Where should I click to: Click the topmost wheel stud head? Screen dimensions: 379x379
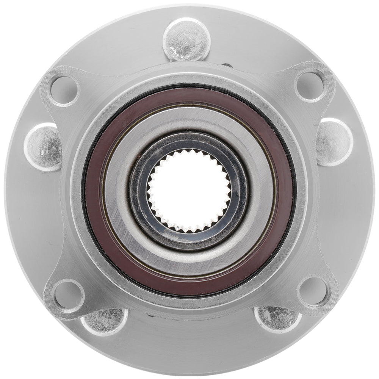(186, 39)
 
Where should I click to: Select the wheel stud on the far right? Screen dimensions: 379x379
(334, 142)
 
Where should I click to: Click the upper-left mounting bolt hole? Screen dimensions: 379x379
(64, 90)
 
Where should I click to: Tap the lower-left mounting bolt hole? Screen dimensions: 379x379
(68, 294)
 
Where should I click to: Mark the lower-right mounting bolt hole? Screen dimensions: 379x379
(313, 291)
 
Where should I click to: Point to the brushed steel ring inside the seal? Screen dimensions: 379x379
(117, 189)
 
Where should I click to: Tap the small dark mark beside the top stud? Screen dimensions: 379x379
(227, 65)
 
